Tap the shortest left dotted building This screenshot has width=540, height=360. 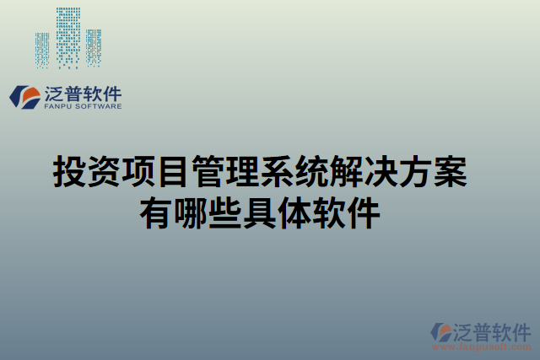(42, 50)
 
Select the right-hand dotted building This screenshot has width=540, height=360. (93, 48)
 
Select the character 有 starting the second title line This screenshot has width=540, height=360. (156, 211)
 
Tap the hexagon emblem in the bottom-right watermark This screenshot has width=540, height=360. (439, 331)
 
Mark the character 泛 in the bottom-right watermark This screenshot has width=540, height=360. (463, 330)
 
